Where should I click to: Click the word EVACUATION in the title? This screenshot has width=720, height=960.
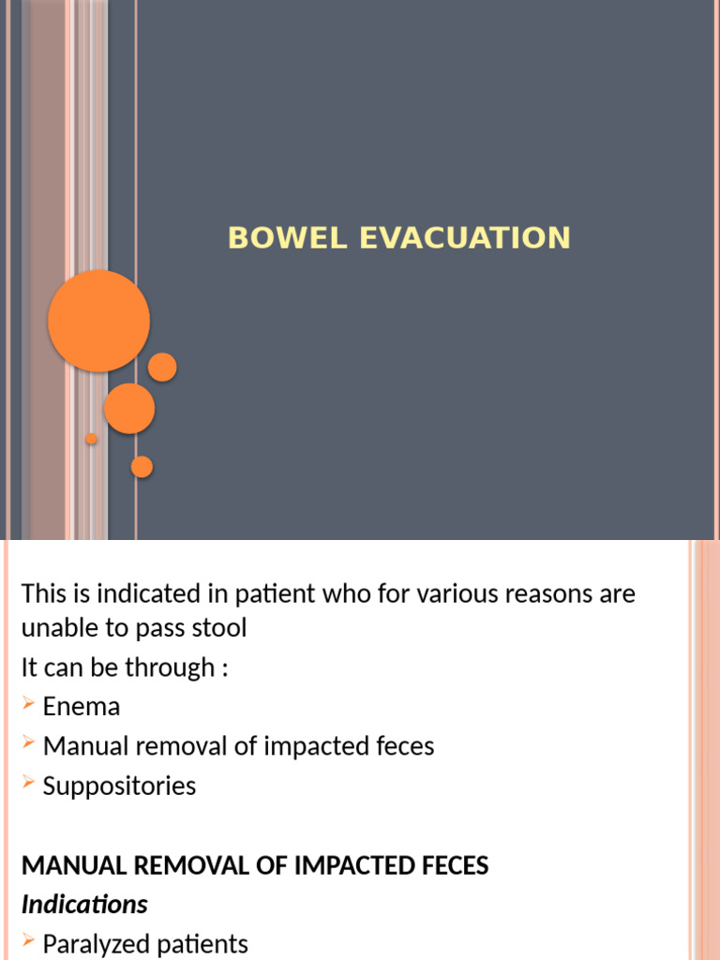(x=465, y=237)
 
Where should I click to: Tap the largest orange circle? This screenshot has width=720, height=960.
(x=98, y=321)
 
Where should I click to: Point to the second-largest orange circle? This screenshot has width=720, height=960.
(x=129, y=409)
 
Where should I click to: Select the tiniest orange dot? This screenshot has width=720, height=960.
(x=91, y=439)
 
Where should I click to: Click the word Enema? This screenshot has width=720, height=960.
(x=82, y=706)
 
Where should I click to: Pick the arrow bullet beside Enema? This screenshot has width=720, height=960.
(x=29, y=704)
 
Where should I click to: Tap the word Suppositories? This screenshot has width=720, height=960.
(x=119, y=785)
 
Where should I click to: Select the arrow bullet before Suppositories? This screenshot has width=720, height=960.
(x=29, y=783)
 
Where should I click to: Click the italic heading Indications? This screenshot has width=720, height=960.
(x=84, y=905)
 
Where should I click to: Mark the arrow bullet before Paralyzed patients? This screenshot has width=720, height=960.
(x=29, y=941)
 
